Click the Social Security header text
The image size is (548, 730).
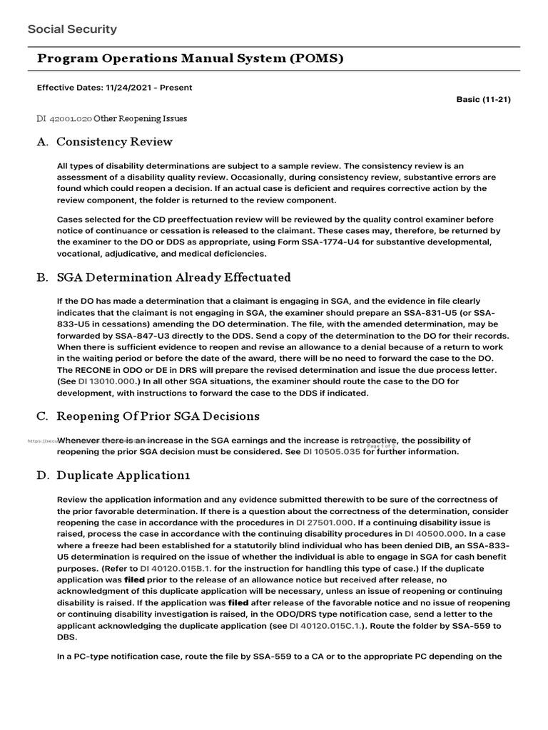pos(72,29)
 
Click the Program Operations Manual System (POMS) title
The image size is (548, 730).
pos(190,58)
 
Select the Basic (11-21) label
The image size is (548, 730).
pos(483,99)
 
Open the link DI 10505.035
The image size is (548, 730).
pos(331,451)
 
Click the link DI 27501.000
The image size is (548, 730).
pos(326,522)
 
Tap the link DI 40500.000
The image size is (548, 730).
pos(435,533)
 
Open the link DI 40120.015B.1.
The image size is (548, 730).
pos(171,568)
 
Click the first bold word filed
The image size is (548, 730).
pos(135,580)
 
